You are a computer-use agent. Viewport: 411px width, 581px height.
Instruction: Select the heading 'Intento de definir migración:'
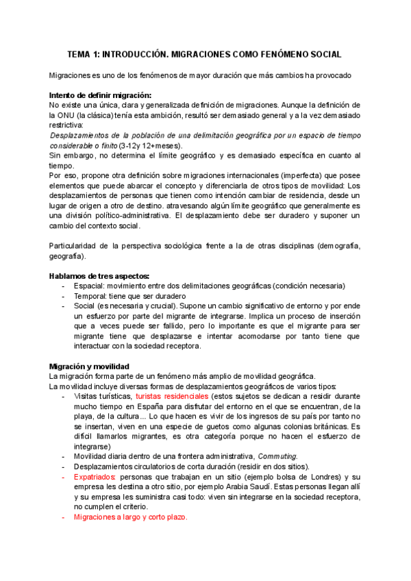[100, 95]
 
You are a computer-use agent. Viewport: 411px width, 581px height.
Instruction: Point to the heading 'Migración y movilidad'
[89, 365]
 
